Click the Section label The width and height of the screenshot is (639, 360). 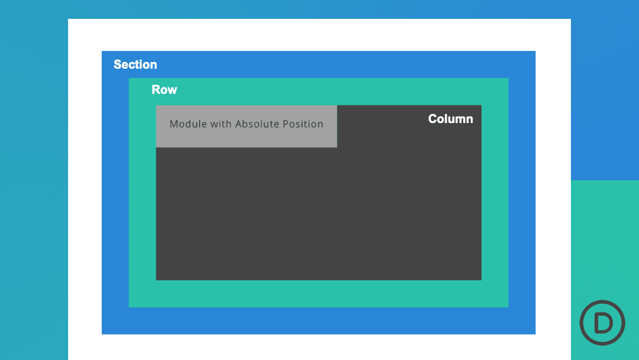tap(135, 65)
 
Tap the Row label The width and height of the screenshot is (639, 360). tap(164, 90)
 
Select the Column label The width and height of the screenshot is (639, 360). tap(450, 119)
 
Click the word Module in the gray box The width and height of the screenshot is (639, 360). tap(187, 124)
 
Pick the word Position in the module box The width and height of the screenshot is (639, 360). tap(303, 124)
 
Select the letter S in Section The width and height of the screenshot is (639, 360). tap(117, 65)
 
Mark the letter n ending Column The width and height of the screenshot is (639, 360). tap(469, 119)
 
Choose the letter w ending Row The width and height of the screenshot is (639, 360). tap(172, 90)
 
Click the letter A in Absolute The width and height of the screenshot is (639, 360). tap(239, 124)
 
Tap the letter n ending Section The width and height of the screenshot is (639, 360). tap(153, 65)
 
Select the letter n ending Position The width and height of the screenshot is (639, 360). tap(320, 124)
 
